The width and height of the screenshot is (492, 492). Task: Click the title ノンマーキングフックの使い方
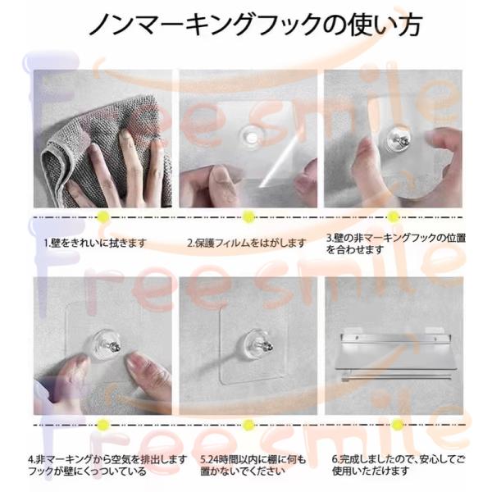pos(256,24)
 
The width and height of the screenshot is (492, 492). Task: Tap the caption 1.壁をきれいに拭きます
pos(95,243)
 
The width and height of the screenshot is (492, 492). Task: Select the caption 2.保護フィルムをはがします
pos(247,243)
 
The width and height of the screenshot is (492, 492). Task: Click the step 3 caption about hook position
pos(396,244)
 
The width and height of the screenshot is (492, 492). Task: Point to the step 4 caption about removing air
pos(107,465)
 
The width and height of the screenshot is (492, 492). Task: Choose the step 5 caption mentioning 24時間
pos(253,465)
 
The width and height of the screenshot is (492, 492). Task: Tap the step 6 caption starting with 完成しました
pos(399,465)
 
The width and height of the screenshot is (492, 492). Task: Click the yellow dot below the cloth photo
pos(103,216)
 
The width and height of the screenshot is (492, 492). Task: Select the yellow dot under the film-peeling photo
pos(248,216)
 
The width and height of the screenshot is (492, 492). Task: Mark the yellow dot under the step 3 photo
pos(393,216)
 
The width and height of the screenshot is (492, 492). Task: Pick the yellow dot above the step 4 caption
pos(103,425)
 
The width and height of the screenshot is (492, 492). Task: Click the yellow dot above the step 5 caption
pos(248,425)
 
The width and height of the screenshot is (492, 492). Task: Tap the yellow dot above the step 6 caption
pos(397,425)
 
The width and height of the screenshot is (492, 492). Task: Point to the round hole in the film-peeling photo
pos(252,137)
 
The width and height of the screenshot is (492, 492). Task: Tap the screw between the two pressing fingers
pos(112,345)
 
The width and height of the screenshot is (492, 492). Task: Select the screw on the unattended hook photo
pos(264,345)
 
